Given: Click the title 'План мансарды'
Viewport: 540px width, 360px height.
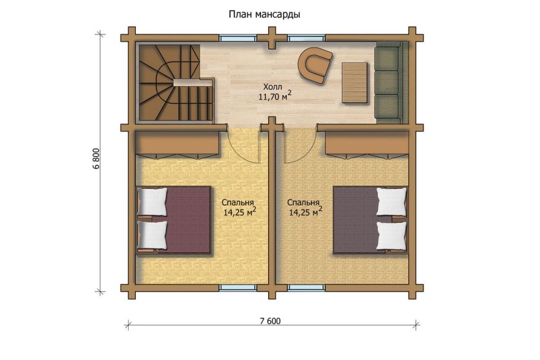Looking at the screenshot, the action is (x=265, y=15).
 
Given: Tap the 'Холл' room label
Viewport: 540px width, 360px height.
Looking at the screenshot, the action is (x=272, y=87).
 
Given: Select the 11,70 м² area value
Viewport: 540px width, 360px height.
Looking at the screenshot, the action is (x=275, y=95).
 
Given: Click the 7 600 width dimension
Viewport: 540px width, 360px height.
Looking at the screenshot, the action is (x=271, y=321).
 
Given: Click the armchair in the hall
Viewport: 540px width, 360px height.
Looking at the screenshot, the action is (x=315, y=65).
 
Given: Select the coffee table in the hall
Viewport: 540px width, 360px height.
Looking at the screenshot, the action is (x=355, y=82).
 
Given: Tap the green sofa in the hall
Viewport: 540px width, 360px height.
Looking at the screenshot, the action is (x=391, y=82).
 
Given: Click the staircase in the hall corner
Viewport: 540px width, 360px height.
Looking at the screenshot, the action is (x=175, y=82).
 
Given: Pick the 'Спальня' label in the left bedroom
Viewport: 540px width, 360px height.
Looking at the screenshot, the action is (x=238, y=202).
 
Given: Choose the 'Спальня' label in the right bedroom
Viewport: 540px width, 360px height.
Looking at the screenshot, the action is (x=303, y=202).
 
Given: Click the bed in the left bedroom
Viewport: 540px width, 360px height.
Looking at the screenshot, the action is (x=173, y=219).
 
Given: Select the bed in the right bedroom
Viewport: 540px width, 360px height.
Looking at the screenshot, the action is (x=370, y=219).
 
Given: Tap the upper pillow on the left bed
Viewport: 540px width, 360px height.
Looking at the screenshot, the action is (x=153, y=202).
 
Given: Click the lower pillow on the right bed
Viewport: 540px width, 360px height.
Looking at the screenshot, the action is (x=392, y=236).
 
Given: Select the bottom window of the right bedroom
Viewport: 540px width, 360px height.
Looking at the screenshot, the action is (x=307, y=288).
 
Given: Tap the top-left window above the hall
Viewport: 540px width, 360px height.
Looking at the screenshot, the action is (x=237, y=38).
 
